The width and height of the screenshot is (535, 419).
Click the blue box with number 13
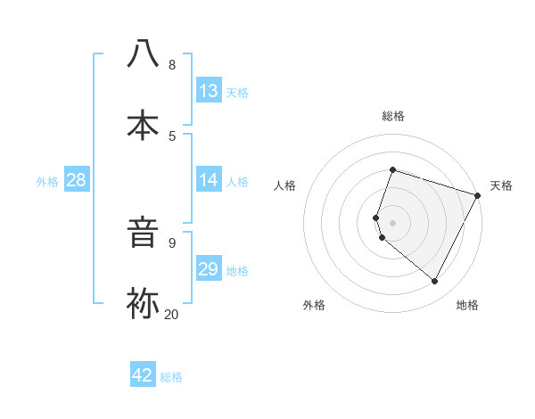click(209, 91)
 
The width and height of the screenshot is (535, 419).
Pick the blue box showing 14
click(209, 180)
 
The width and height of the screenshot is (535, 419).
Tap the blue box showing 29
click(209, 269)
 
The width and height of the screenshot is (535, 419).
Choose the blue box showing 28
click(76, 180)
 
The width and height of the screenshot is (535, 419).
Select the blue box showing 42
click(143, 375)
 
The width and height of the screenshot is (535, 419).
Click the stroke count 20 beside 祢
click(171, 314)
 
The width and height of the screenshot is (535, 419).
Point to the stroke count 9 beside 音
click(171, 242)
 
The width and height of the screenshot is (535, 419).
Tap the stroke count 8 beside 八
click(171, 64)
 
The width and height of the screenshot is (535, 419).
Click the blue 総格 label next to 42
click(171, 376)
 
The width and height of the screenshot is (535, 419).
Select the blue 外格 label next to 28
click(47, 181)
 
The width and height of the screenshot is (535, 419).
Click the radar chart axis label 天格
click(502, 185)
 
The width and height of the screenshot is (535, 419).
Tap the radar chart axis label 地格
click(467, 305)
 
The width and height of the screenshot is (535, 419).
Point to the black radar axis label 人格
click(284, 185)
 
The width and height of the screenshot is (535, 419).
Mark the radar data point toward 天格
click(479, 194)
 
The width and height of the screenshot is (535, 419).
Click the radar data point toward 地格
click(435, 282)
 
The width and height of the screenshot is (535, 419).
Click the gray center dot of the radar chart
click(393, 222)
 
